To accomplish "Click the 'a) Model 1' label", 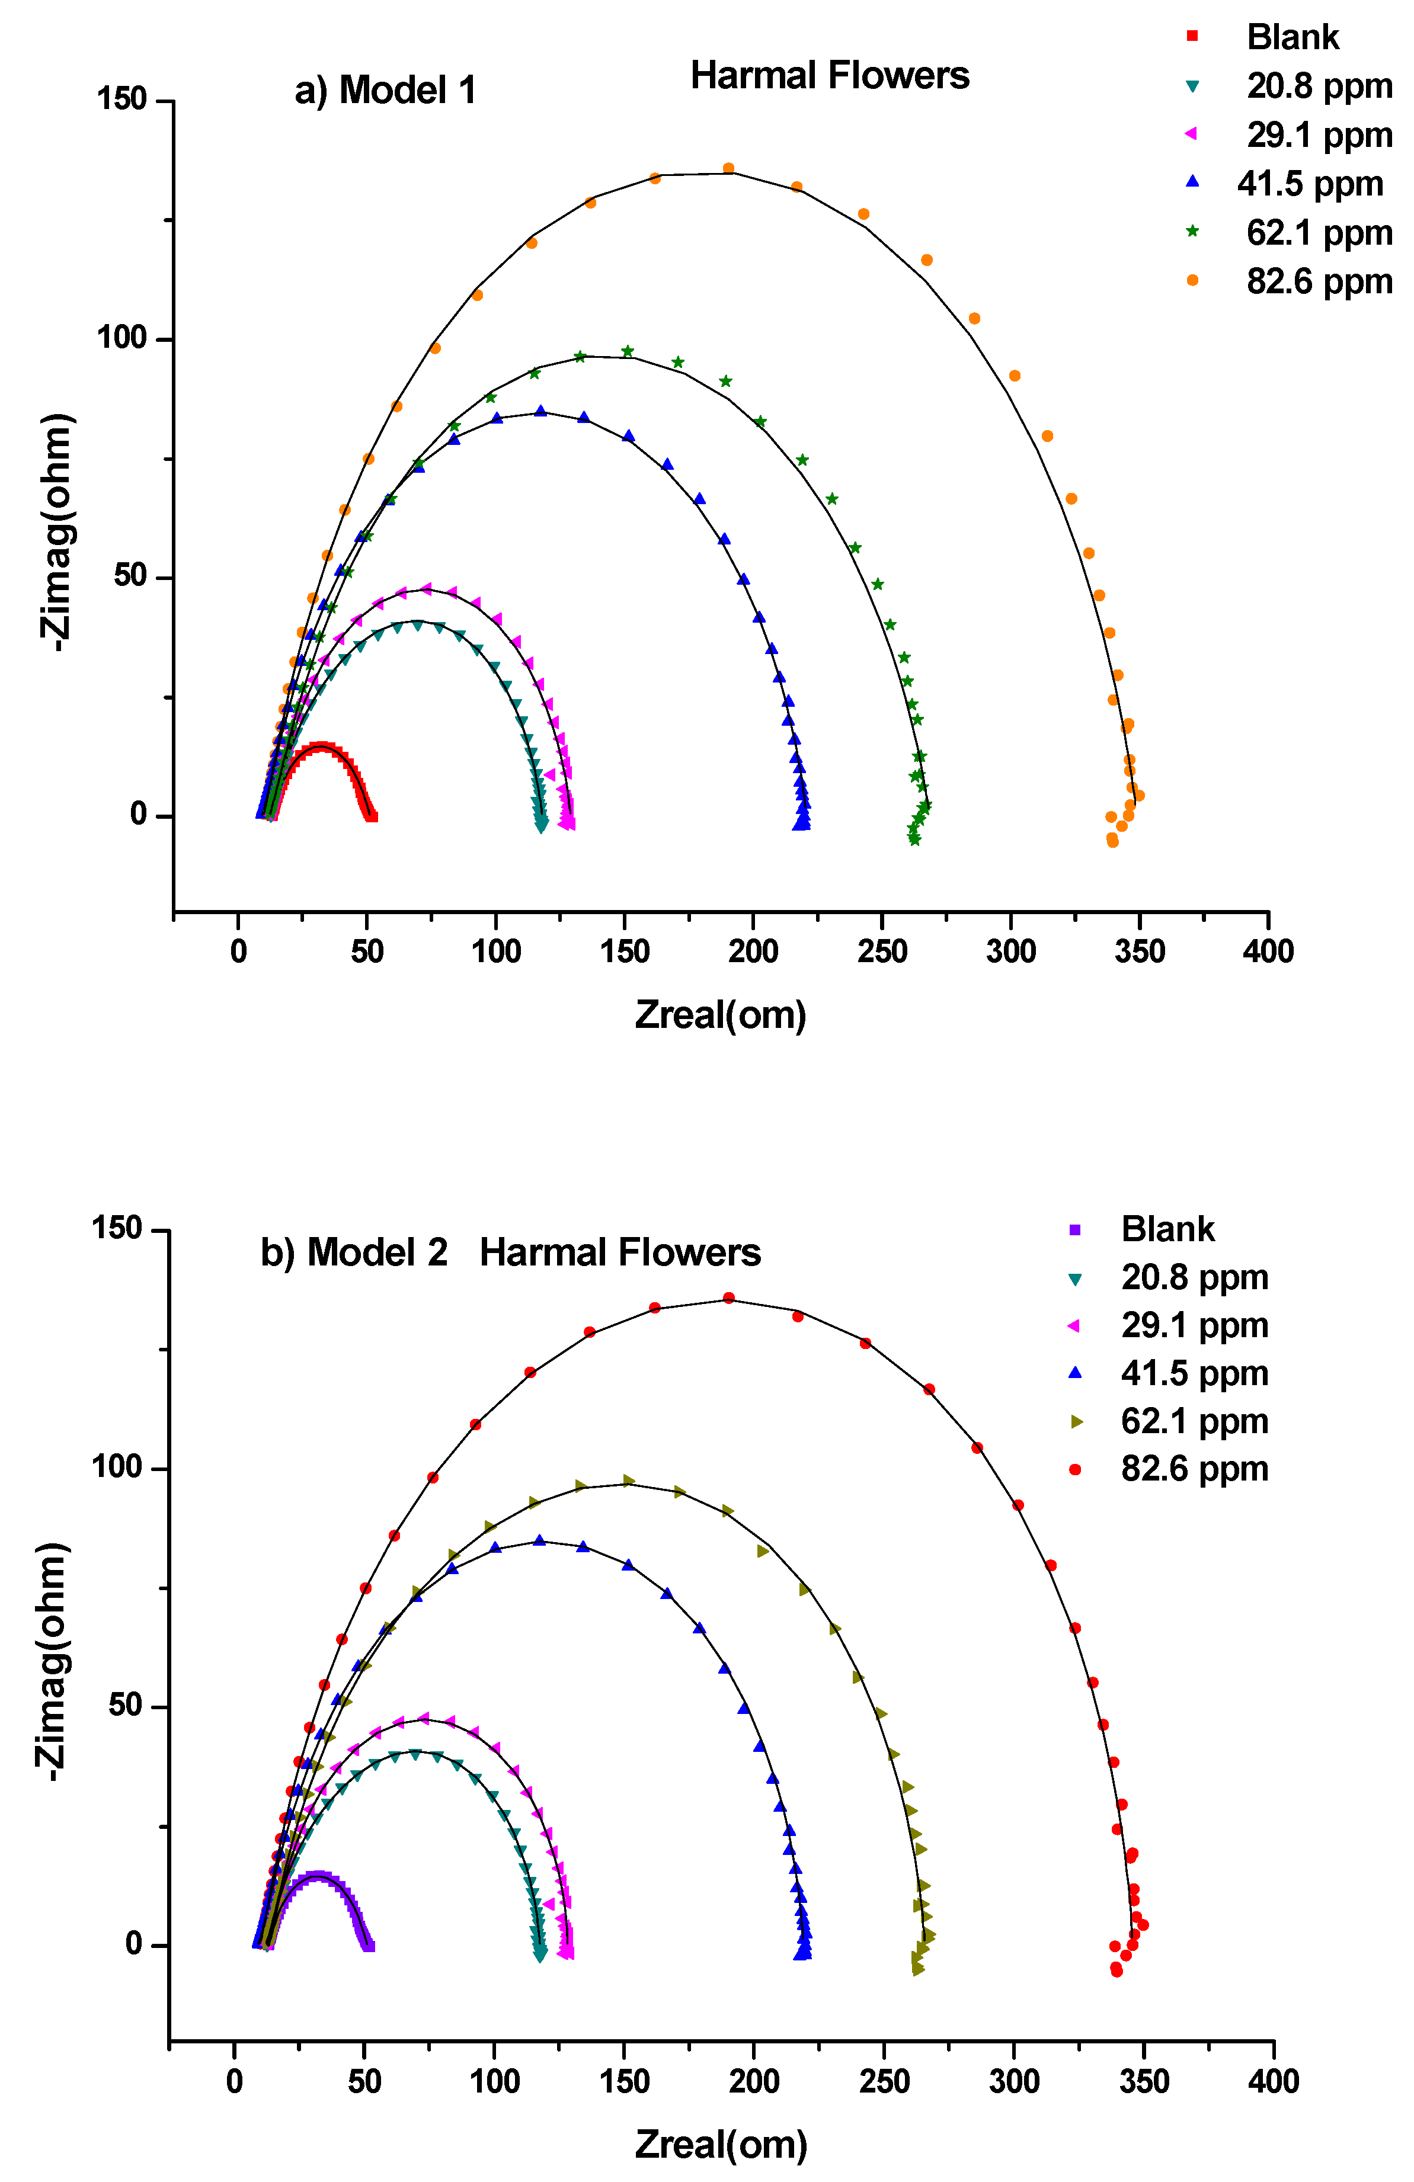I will pos(385,91).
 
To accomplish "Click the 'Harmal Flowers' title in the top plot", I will pos(829,76).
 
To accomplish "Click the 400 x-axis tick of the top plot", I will pos(1268,951).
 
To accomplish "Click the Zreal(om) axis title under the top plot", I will pos(721,1015).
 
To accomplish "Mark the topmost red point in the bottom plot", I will pos(728,1298).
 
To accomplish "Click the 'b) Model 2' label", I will pos(354,1252).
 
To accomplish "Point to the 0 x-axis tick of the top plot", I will pos(238,951).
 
